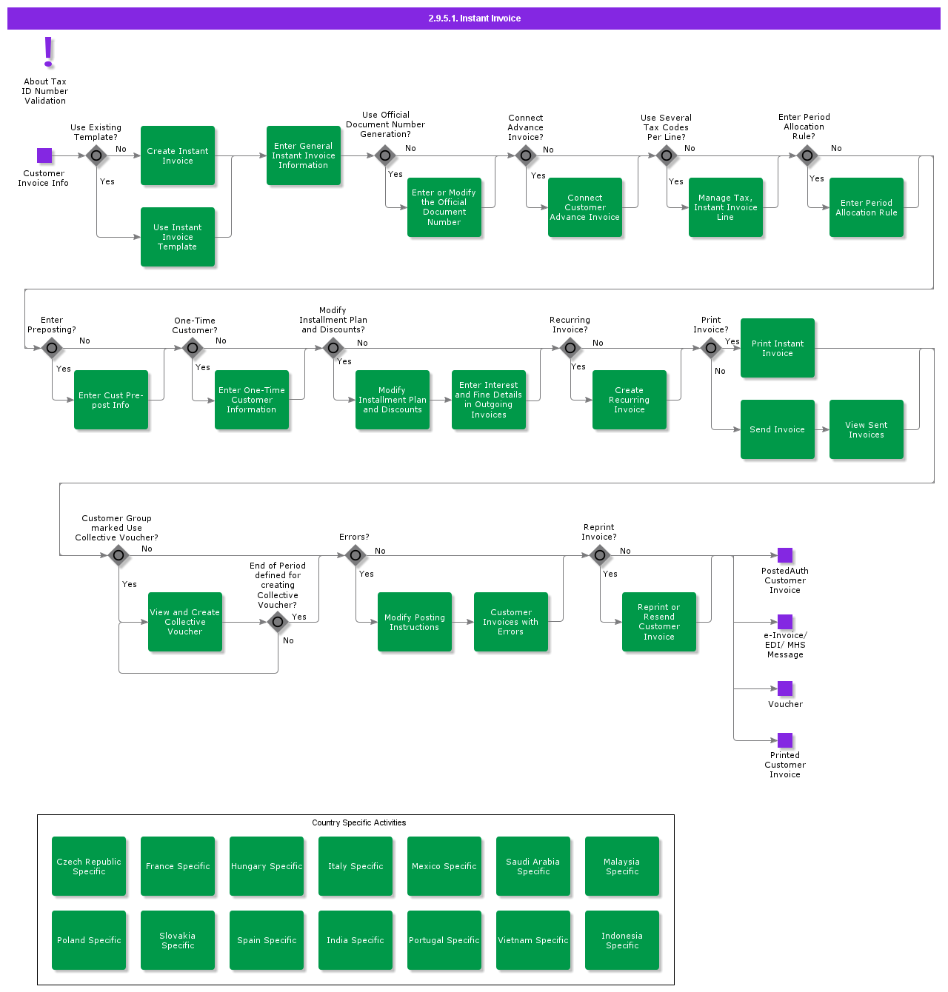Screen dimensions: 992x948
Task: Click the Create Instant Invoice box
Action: tap(178, 155)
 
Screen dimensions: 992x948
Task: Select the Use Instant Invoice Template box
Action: tap(178, 237)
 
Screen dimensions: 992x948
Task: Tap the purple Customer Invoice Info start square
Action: tap(44, 155)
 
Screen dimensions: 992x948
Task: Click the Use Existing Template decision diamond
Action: tap(96, 155)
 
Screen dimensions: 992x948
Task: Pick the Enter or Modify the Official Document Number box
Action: tap(444, 207)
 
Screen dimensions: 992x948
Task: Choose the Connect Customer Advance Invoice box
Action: tap(585, 207)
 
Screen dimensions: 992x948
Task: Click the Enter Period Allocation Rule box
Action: tap(867, 207)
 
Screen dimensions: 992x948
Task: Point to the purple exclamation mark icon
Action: tap(49, 52)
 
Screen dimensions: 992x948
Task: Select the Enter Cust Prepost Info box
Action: tap(111, 400)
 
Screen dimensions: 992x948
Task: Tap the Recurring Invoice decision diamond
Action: tap(570, 348)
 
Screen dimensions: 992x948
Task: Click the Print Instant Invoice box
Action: tap(778, 348)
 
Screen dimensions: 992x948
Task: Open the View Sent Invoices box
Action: tap(867, 429)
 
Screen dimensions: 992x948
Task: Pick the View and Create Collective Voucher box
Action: tap(185, 622)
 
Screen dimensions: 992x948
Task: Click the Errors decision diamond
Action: tap(355, 555)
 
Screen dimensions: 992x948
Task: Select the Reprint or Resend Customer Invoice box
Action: tap(659, 622)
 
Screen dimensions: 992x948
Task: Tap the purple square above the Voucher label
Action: tap(785, 688)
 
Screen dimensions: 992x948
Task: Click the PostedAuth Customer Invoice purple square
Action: tap(785, 555)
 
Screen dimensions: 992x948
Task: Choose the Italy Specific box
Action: tap(355, 866)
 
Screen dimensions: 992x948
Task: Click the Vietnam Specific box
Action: tap(533, 940)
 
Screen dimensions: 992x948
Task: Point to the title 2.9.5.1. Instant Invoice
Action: tap(474, 19)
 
